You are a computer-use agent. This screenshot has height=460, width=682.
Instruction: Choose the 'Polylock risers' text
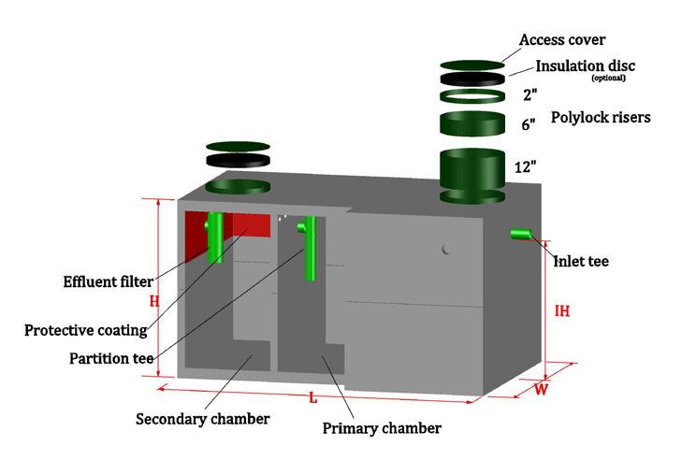click(601, 118)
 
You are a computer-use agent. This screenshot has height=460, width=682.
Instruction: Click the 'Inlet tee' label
click(582, 262)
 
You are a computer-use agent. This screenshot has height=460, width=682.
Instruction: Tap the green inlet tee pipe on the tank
click(520, 234)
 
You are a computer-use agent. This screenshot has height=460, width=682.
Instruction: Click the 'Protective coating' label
click(86, 330)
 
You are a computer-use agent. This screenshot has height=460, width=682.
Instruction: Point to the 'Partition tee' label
click(111, 358)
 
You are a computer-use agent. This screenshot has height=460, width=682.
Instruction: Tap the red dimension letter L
click(312, 398)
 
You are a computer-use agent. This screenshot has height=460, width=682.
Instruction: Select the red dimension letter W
click(541, 390)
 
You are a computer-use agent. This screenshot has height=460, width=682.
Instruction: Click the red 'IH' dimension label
click(561, 311)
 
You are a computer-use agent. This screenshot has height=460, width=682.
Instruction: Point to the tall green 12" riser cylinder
click(479, 173)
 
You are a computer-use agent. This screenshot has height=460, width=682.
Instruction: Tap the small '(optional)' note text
click(608, 79)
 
